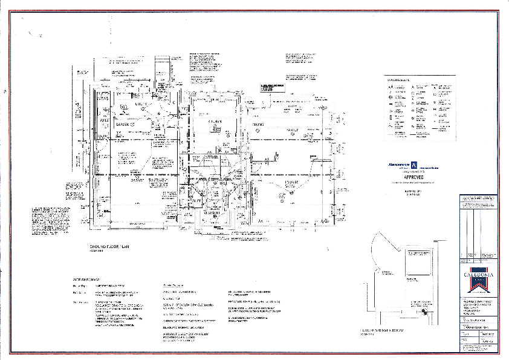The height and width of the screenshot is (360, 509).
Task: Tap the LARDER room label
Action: click(x=124, y=125)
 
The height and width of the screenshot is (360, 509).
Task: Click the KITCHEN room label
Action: click(x=216, y=122)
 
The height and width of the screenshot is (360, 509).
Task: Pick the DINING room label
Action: click(x=259, y=125)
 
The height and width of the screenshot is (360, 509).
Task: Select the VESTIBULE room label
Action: click(x=212, y=213)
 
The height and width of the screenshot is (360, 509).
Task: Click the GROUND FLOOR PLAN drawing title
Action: click(x=109, y=247)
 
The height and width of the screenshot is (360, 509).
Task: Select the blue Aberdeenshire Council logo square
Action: click(x=413, y=164)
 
